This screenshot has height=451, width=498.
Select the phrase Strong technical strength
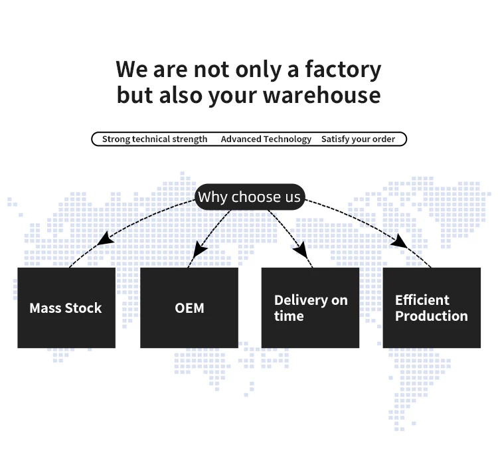[155, 139]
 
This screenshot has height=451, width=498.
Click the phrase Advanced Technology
[266, 139]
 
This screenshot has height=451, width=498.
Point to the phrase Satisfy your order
[358, 139]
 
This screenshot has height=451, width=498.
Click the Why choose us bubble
[249, 197]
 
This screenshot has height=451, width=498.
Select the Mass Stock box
[66, 308]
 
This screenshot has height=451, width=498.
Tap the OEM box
[189, 308]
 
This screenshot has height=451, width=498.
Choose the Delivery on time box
[310, 308]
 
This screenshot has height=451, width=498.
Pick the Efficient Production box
[432, 308]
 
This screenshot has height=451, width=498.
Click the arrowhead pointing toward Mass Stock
[104, 238]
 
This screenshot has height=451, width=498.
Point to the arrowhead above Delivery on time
[300, 250]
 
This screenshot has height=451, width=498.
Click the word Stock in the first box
[84, 308]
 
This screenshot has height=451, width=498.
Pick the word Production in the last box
[432, 316]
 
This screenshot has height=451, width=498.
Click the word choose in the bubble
[257, 197]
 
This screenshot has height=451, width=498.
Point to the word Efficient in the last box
[422, 300]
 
